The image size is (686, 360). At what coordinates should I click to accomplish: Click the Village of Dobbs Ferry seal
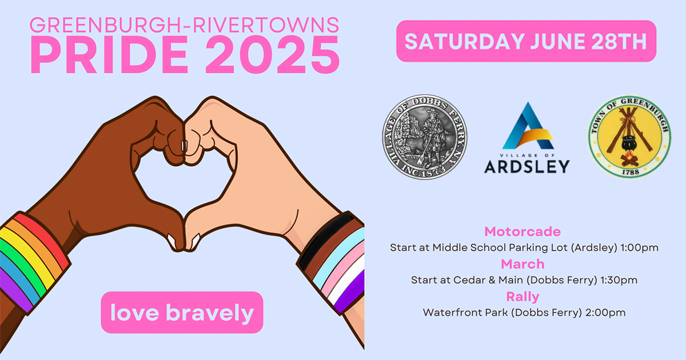click(x=425, y=137)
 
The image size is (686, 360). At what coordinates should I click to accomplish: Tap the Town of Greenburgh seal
click(x=629, y=138)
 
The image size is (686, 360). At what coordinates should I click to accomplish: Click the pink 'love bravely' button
click(x=182, y=313)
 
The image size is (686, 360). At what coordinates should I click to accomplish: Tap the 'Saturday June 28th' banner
click(x=526, y=41)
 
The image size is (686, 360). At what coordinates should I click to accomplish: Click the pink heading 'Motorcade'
click(x=523, y=231)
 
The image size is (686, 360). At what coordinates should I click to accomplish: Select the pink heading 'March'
click(x=523, y=264)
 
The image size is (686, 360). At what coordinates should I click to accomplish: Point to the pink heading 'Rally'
click(x=523, y=297)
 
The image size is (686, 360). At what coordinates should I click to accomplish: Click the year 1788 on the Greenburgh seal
click(x=629, y=170)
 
